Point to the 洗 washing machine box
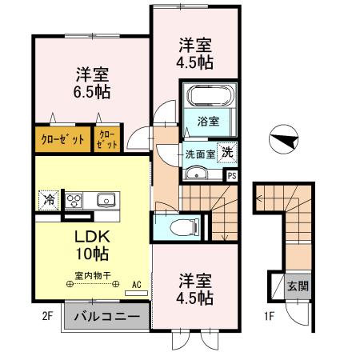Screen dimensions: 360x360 coord(229,152)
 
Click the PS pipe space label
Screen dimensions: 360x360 coord(232,176)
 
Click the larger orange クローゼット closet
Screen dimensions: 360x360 coord(62,138)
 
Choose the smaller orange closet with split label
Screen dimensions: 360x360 coord(108,138)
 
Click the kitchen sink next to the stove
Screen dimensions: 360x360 coord(105,200)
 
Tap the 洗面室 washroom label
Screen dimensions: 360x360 coord(200,154)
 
